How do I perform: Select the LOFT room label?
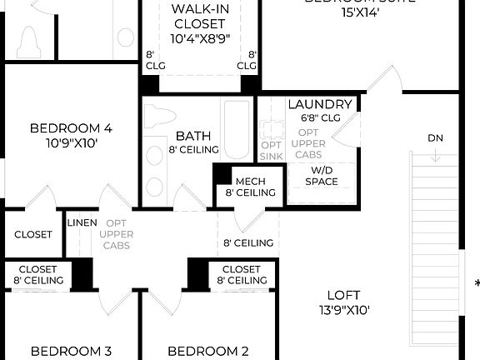[342, 294]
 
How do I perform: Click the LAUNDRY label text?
[319, 104]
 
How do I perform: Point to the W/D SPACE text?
[322, 176]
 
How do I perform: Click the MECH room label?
[250, 181]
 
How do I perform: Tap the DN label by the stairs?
[435, 137]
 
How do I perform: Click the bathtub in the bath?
[237, 131]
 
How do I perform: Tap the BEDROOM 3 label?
[71, 351]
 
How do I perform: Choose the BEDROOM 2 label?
[208, 351]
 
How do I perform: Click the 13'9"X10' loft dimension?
[342, 309]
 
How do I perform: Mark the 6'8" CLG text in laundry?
[321, 117]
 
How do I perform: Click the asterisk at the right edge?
[477, 284]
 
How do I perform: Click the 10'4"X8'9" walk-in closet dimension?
[200, 38]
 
